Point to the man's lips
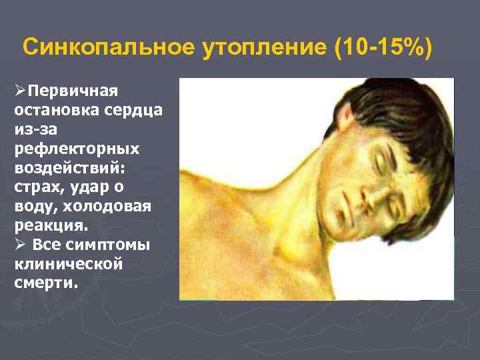click(x=348, y=210)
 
